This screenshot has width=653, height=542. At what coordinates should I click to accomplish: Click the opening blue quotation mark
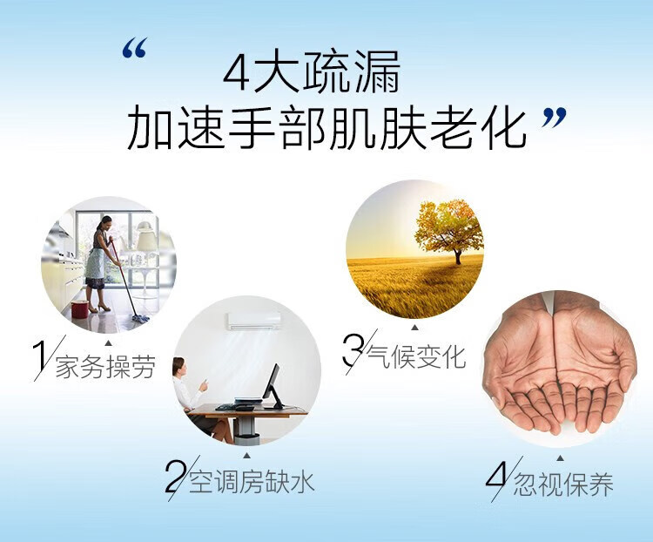135,48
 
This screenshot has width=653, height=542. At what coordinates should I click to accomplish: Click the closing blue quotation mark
555,118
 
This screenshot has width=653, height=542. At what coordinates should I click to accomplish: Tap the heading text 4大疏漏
312,73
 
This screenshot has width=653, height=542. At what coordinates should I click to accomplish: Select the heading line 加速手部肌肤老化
326,126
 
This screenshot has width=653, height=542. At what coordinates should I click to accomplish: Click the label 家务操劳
105,367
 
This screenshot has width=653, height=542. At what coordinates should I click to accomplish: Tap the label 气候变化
416,357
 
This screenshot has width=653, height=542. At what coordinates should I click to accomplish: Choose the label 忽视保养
563,484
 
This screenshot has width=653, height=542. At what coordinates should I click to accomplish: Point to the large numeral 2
174,476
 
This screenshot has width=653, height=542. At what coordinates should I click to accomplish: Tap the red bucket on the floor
79,309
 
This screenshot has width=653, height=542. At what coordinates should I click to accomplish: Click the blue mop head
141,319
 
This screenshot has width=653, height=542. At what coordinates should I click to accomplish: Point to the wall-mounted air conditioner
254,321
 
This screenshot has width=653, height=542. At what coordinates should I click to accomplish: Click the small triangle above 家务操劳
108,343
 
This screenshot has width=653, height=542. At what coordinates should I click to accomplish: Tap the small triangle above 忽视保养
560,458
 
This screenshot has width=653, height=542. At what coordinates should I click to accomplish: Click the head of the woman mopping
105,222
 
